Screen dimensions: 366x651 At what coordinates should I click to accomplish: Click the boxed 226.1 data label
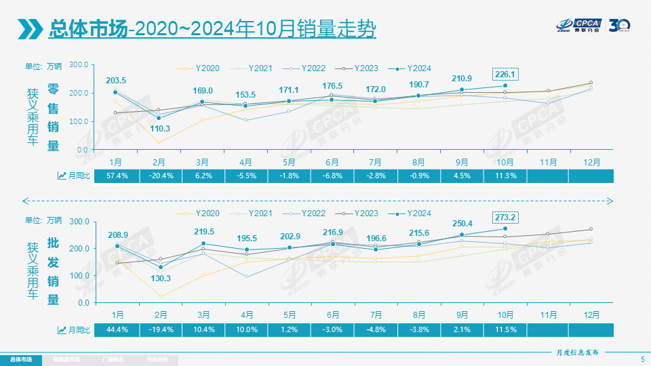click(505, 74)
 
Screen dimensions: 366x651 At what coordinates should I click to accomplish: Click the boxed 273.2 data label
click(505, 218)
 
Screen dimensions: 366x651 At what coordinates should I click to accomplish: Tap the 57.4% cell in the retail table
click(117, 176)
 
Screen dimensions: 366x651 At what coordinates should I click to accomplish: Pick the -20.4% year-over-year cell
click(159, 176)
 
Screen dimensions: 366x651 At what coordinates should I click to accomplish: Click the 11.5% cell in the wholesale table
click(505, 329)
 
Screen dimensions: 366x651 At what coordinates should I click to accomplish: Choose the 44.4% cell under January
click(117, 329)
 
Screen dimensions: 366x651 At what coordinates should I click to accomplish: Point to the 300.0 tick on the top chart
click(79, 64)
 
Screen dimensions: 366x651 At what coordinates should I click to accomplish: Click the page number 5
click(642, 359)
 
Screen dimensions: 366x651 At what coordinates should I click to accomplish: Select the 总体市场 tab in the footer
click(20, 359)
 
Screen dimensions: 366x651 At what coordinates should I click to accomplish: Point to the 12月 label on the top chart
click(591, 163)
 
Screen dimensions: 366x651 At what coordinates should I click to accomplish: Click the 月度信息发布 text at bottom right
click(573, 352)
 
